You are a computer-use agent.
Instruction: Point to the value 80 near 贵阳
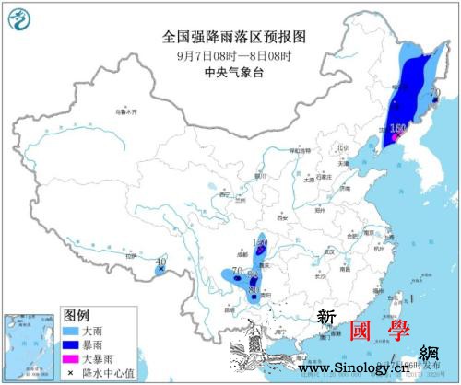(254, 290)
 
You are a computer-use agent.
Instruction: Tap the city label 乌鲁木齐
(128, 112)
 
